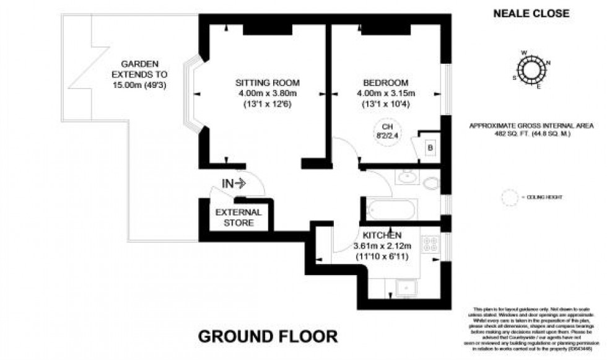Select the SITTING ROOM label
point(268,83)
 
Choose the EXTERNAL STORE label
point(238,217)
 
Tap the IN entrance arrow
point(234,183)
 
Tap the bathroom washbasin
point(406,178)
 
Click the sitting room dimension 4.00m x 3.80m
point(268,94)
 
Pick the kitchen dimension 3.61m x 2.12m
point(383,246)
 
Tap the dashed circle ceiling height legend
point(512,197)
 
